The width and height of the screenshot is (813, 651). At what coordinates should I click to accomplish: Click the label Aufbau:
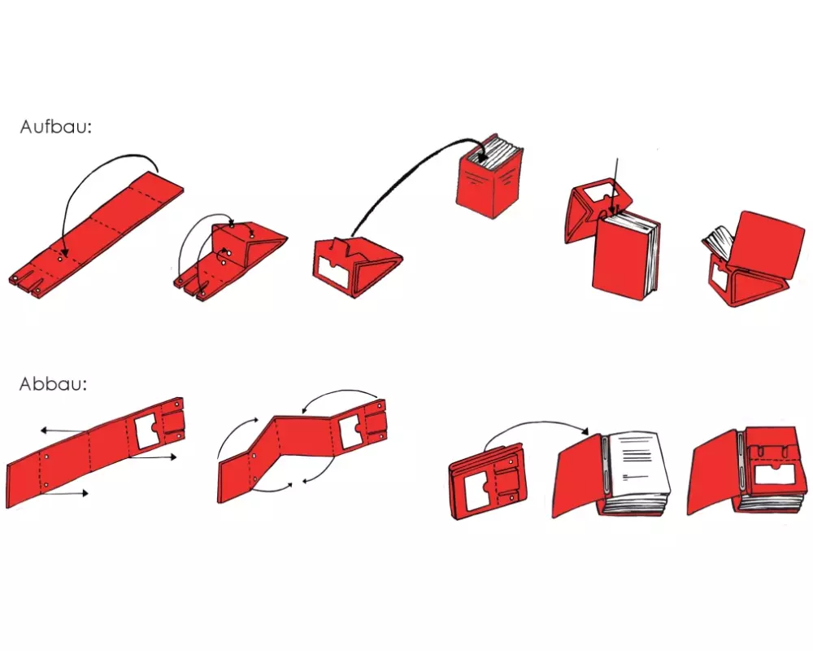pos(55,127)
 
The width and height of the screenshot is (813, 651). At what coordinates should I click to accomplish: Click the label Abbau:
pos(53,384)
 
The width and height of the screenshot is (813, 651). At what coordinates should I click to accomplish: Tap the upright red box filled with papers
pos(490,177)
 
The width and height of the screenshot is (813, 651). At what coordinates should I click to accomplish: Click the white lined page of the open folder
pos(639,462)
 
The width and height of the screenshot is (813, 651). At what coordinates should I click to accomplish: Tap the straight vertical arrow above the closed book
pos(615,184)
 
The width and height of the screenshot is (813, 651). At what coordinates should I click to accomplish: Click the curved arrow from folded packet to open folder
pos(537,422)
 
